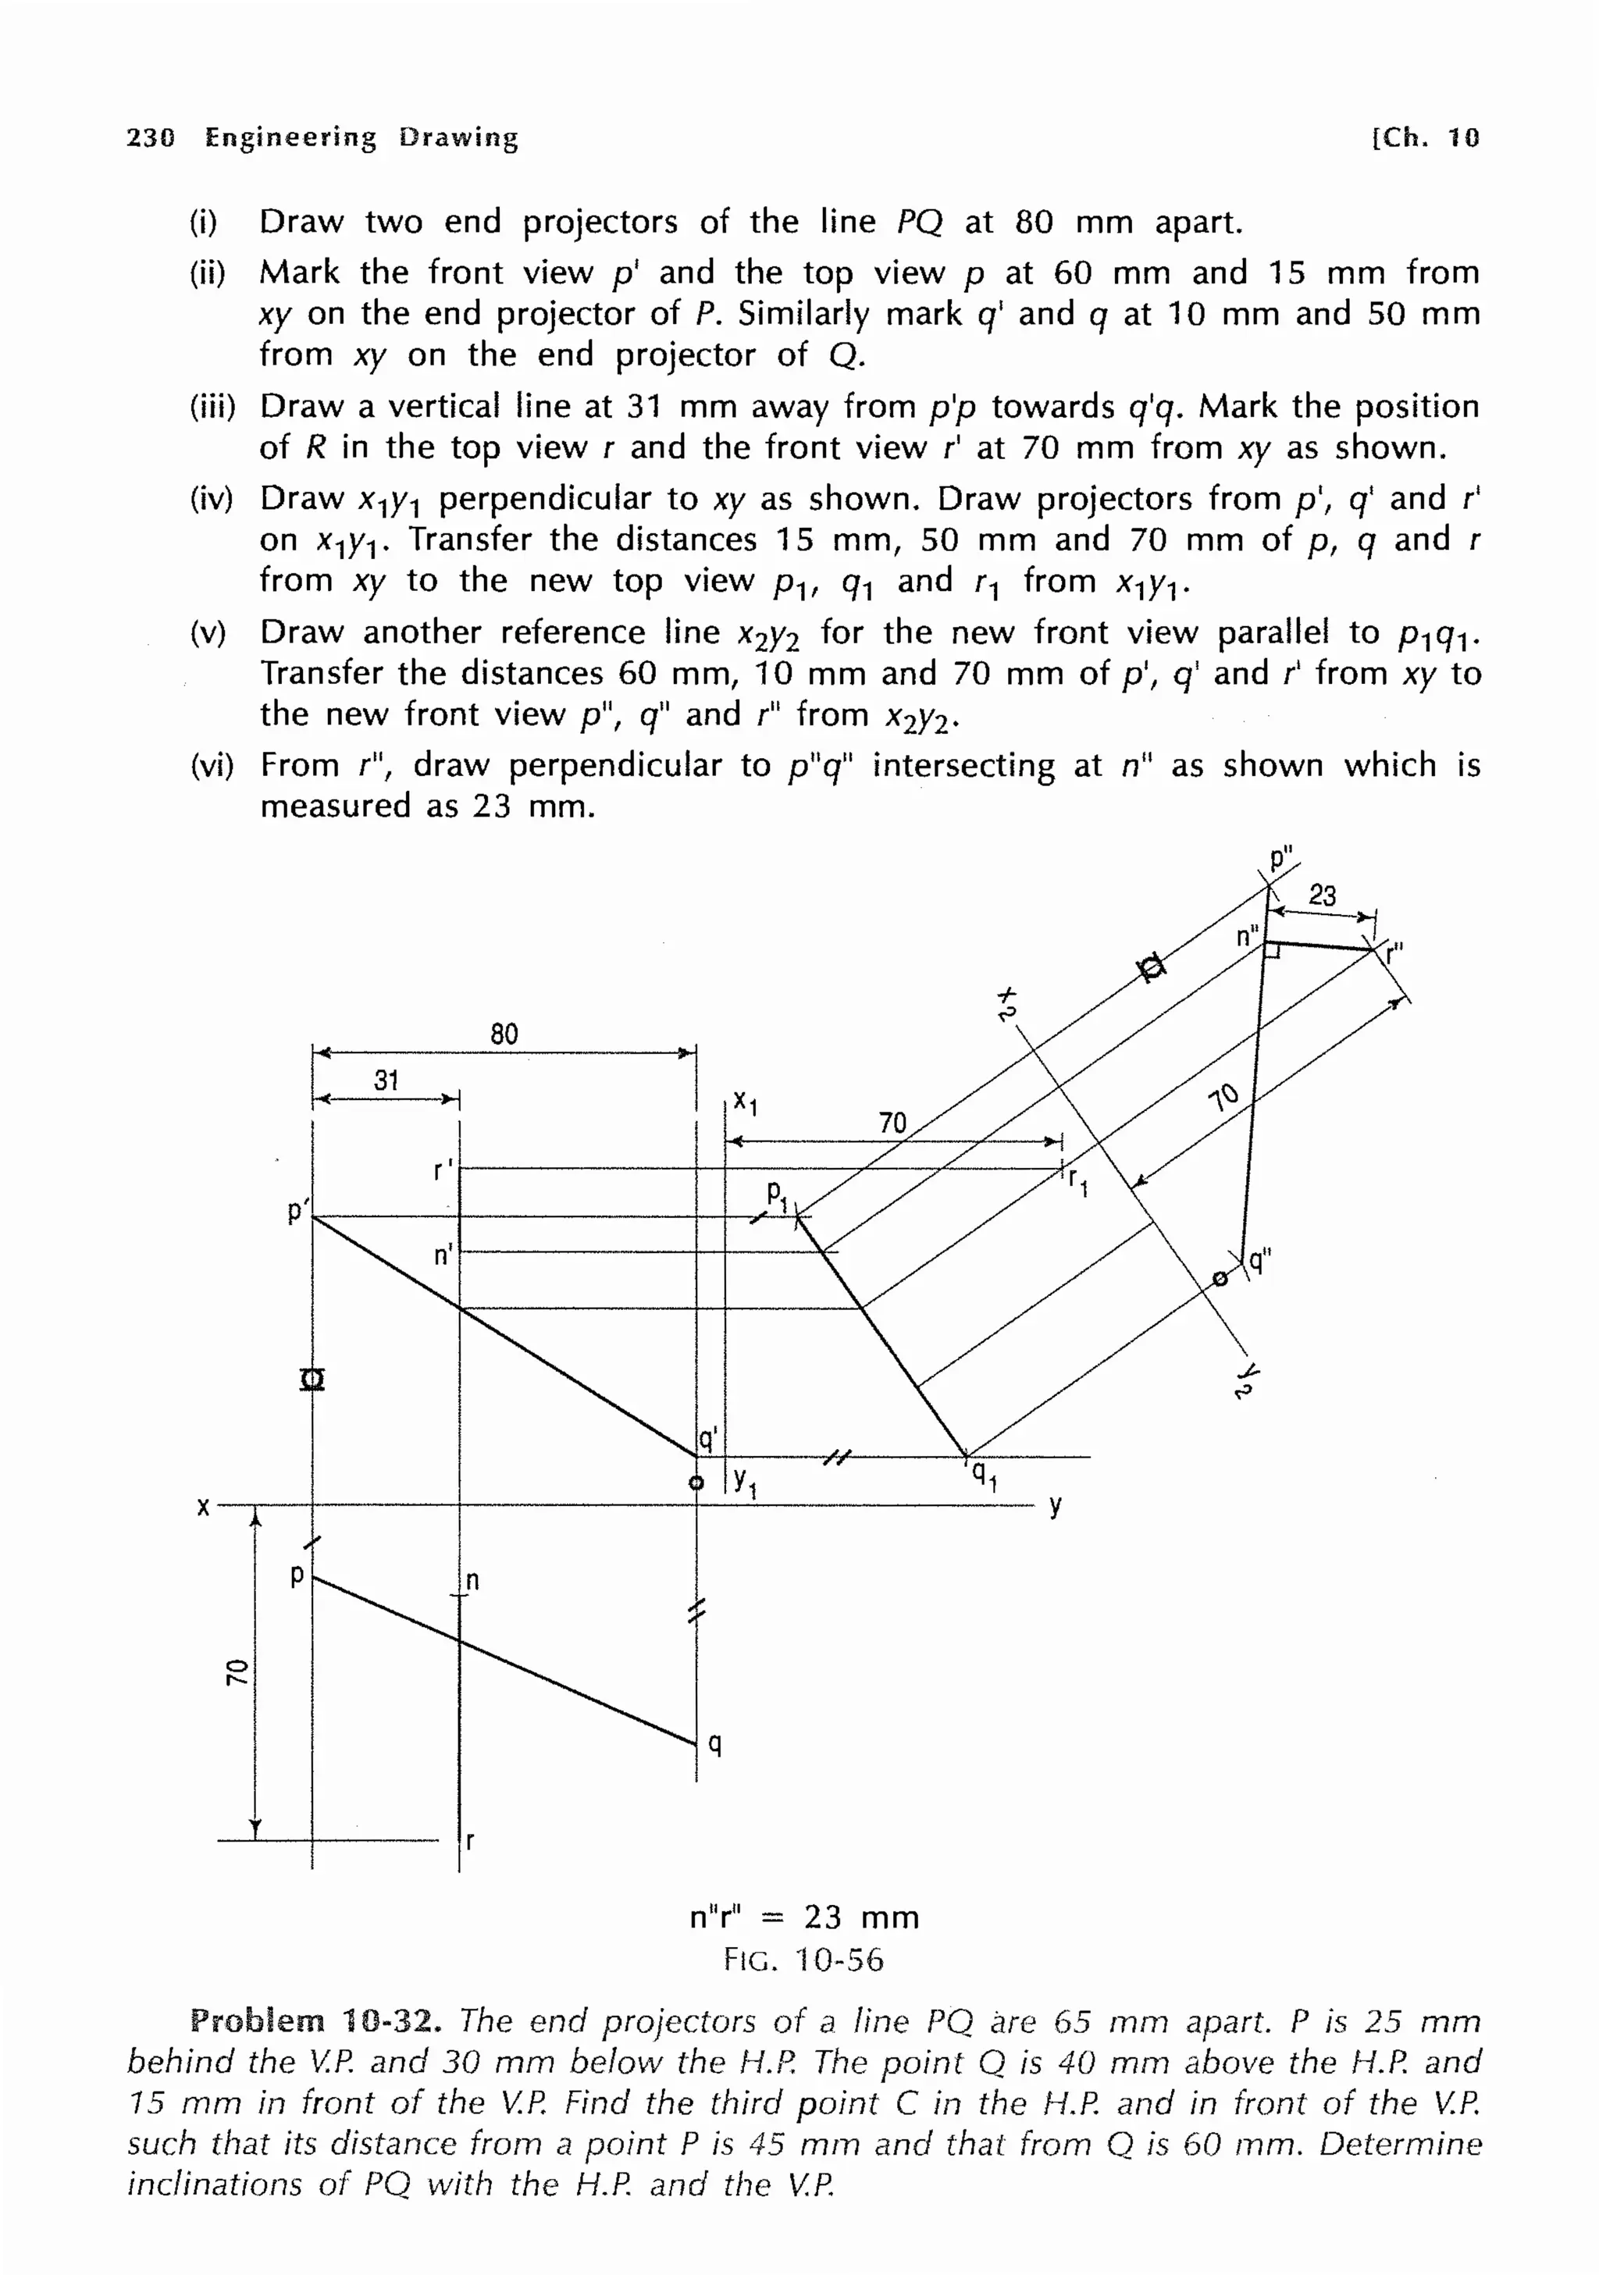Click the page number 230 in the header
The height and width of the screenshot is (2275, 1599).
(151, 137)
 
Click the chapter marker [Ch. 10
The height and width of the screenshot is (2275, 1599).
(1425, 137)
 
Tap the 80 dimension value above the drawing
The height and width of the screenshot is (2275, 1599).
(504, 1034)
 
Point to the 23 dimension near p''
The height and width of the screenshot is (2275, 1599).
(1322, 895)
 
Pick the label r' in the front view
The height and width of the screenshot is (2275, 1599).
(443, 1170)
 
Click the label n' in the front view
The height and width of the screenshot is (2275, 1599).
(443, 1255)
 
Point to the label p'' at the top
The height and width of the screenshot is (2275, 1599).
(1282, 858)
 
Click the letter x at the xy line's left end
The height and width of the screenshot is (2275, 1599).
(203, 1507)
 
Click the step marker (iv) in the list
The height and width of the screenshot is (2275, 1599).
(210, 498)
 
